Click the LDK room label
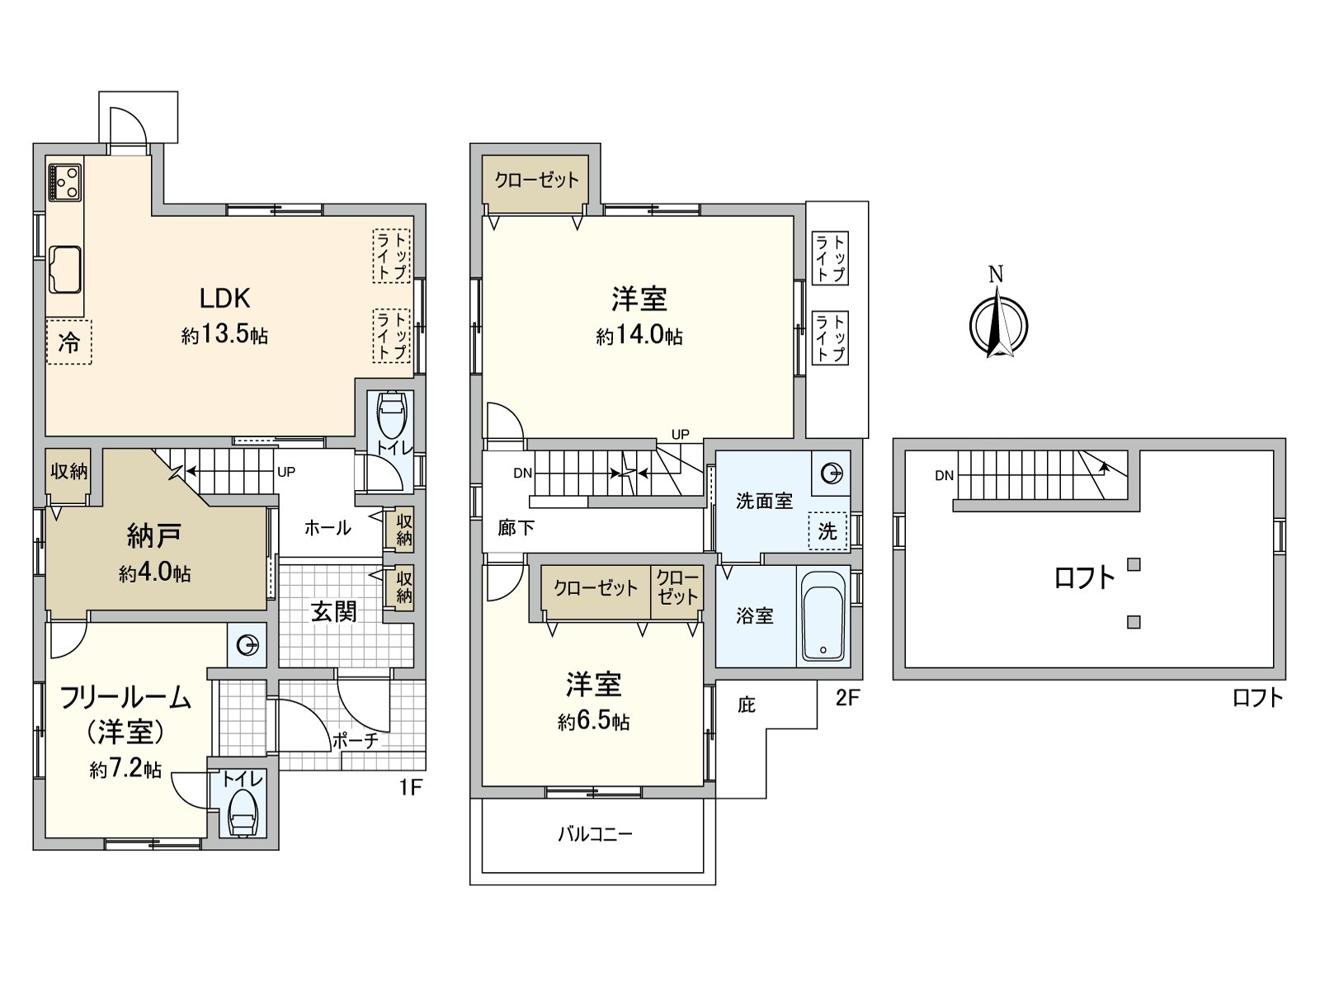pos(224,298)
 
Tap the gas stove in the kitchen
pos(64,181)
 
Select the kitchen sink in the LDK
pos(64,269)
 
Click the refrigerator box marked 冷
pos(68,342)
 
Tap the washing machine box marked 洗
pos(827,532)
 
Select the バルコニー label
pos(595,834)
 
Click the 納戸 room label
pos(154,536)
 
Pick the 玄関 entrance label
pos(334,611)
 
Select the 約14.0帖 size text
pos(639,336)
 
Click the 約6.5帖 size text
pos(593,722)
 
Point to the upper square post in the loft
pos(1134,565)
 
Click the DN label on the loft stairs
pos(945,476)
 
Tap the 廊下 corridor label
pos(516,528)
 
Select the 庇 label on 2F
pos(746,705)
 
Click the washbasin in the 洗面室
pos(832,474)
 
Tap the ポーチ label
pos(356,741)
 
